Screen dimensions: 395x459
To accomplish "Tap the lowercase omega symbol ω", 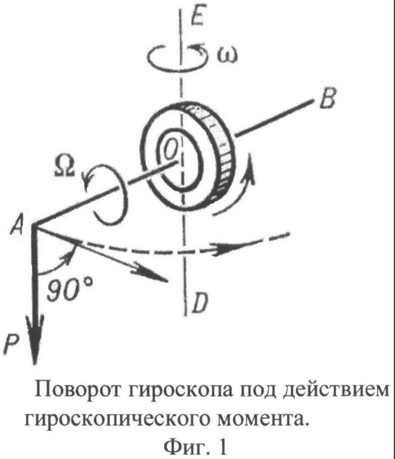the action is [x=227, y=56].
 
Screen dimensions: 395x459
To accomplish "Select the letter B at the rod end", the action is [x=327, y=98].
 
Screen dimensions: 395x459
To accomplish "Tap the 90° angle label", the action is [x=70, y=289].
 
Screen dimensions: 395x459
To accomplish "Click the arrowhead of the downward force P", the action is [x=35, y=339].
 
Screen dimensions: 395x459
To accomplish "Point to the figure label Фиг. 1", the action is [x=195, y=446].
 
